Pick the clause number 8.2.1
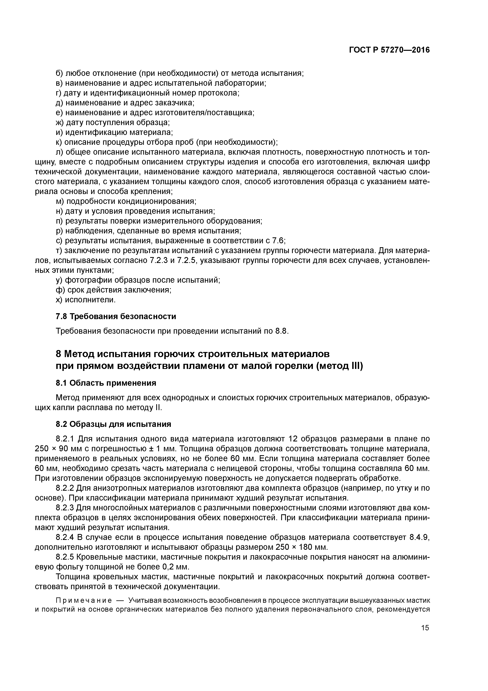[66, 439]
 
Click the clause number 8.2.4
[66, 537]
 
